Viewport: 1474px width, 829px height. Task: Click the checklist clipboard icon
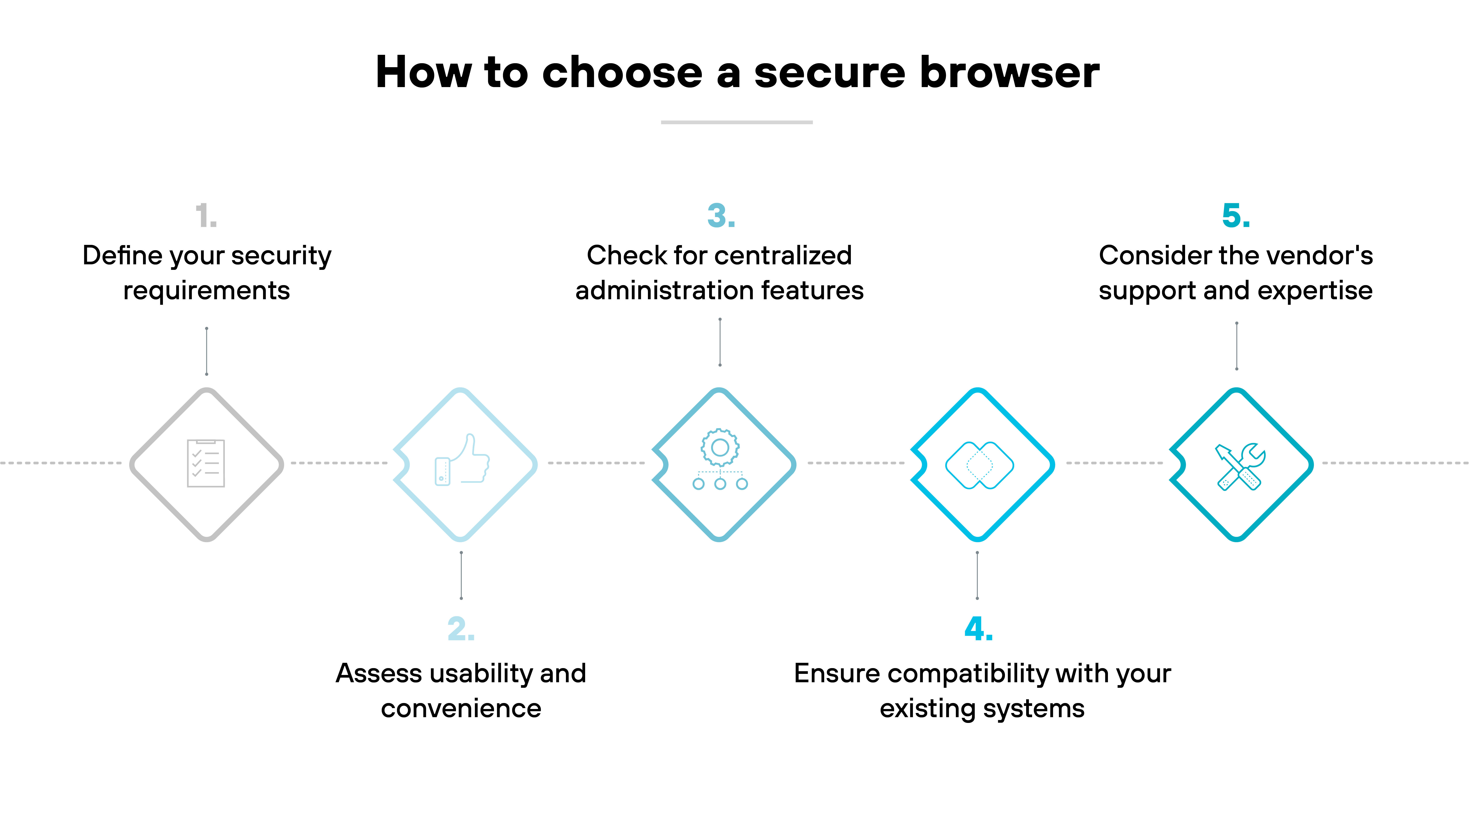(206, 463)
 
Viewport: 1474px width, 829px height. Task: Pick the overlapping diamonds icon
(979, 465)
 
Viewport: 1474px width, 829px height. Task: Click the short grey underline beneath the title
(736, 122)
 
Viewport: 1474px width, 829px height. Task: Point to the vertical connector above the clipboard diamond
(206, 351)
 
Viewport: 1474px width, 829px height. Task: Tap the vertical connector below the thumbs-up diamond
(461, 575)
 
